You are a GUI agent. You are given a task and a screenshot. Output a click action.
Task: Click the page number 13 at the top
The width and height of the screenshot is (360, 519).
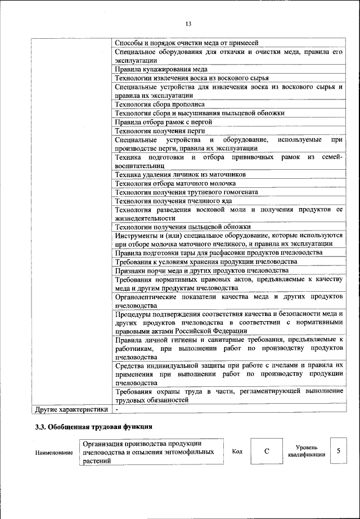188,23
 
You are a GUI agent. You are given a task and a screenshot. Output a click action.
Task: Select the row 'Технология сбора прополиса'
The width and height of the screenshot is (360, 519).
159,104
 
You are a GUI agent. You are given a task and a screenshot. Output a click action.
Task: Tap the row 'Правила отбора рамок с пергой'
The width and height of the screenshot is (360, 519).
163,121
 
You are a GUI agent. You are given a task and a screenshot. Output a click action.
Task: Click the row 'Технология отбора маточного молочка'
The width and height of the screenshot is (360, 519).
175,183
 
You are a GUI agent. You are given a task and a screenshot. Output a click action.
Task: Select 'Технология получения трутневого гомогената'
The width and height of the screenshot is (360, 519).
186,192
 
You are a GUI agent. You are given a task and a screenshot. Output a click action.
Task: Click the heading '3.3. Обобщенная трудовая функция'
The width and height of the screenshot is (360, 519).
94,427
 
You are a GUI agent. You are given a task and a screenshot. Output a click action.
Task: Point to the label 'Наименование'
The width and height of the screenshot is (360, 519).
53,453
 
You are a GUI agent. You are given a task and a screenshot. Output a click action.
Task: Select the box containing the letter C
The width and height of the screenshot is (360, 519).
267,452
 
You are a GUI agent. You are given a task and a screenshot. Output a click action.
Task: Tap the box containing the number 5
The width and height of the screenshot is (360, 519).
338,451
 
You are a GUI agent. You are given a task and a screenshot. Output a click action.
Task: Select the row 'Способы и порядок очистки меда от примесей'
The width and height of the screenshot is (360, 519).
186,43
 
